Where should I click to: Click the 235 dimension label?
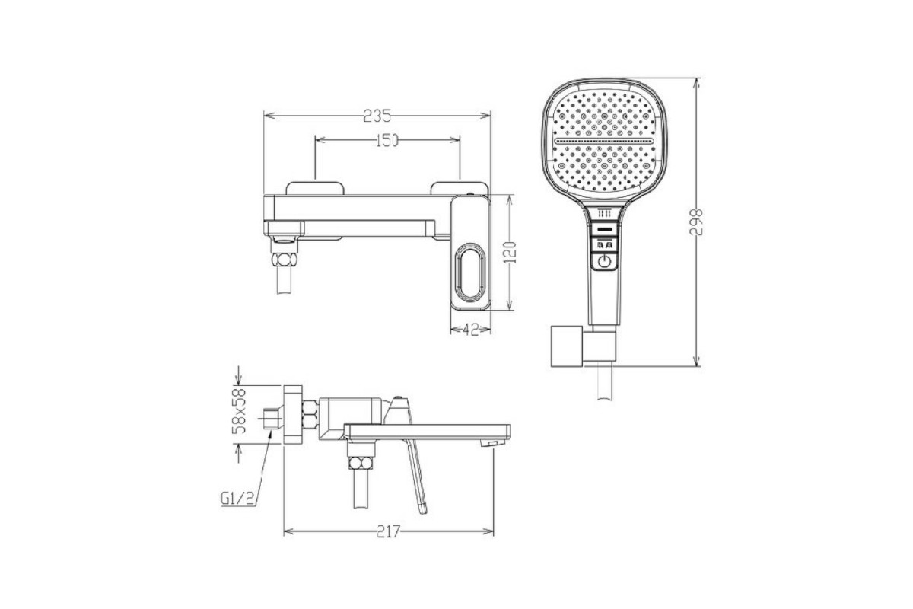pyautogui.click(x=377, y=116)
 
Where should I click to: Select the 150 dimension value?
pyautogui.click(x=387, y=141)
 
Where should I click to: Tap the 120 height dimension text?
pyautogui.click(x=510, y=253)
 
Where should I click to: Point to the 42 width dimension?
pyautogui.click(x=471, y=330)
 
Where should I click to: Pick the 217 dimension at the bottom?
pyautogui.click(x=389, y=531)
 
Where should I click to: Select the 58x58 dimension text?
pyautogui.click(x=239, y=411)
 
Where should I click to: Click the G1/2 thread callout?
pyautogui.click(x=237, y=498)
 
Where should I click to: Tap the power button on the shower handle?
pyautogui.click(x=604, y=261)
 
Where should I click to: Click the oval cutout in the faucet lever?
pyautogui.click(x=470, y=273)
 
